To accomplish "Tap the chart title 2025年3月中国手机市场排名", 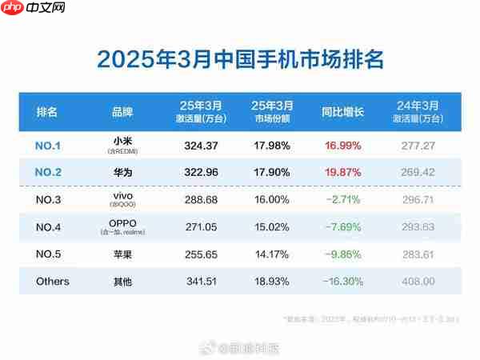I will click(x=240, y=59).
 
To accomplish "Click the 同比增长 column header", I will click(x=342, y=111).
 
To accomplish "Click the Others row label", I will click(x=53, y=281).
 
